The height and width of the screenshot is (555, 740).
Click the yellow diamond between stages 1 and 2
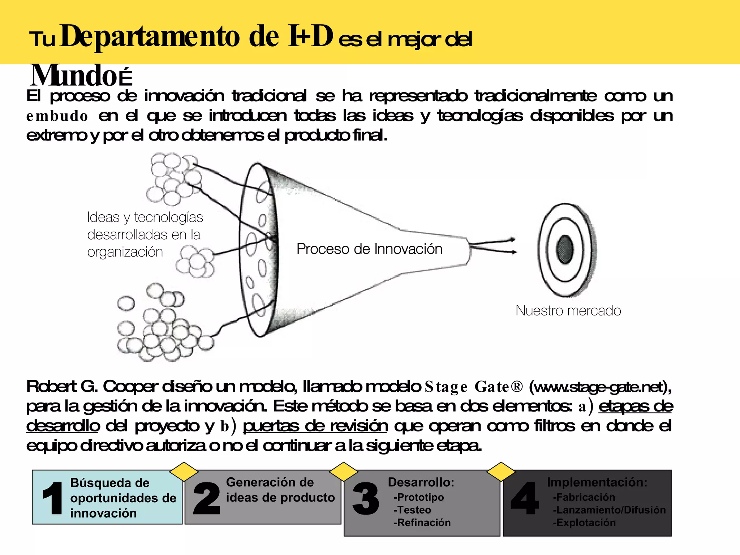tap(184, 472)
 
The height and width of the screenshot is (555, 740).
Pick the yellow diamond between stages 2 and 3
tap(344, 472)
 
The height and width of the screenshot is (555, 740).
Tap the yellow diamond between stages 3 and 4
tap(501, 472)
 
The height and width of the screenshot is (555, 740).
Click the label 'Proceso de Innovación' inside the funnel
tap(369, 249)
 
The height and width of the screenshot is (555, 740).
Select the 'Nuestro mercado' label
tap(568, 311)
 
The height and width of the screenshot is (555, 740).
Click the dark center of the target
tap(565, 249)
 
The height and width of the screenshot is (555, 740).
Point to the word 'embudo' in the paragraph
tap(57, 116)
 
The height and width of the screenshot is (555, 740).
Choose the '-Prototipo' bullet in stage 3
tap(419, 497)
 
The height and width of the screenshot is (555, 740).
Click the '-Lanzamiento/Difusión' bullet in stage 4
tap(609, 510)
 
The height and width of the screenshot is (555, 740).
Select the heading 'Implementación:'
tap(597, 482)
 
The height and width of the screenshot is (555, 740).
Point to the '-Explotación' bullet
tap(584, 522)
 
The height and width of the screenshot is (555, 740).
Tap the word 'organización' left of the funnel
tap(125, 252)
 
